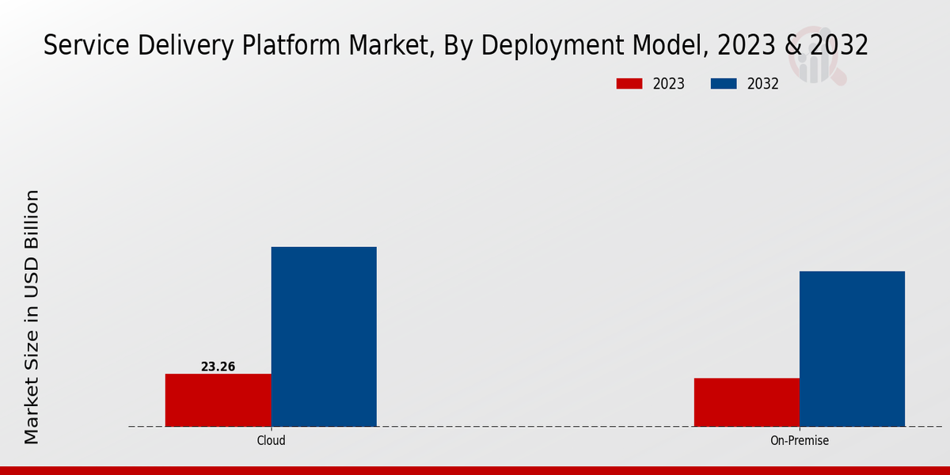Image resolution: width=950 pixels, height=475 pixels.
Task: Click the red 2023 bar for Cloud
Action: click(218, 400)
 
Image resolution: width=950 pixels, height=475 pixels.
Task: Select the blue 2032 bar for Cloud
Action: click(324, 336)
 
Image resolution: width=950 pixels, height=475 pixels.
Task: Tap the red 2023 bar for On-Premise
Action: click(747, 402)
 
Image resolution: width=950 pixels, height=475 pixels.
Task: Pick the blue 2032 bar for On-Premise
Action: click(852, 348)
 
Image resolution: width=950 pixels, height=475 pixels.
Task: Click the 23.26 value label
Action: click(218, 367)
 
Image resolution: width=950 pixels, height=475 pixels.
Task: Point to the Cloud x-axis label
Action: click(271, 441)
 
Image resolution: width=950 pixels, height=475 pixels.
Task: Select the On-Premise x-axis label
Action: click(800, 441)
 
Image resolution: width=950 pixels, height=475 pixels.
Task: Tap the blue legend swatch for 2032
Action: click(724, 84)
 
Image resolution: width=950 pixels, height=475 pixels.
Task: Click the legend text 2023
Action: click(668, 84)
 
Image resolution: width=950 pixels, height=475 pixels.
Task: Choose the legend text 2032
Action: click(763, 84)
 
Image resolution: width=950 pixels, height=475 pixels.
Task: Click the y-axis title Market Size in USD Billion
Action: click(32, 317)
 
